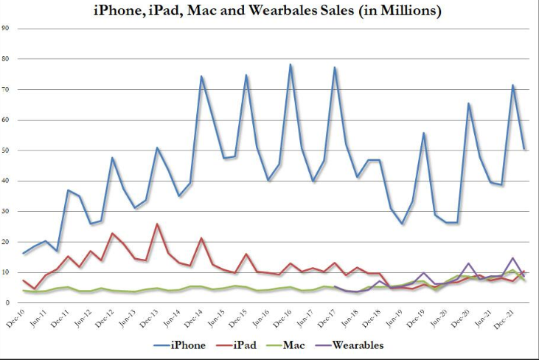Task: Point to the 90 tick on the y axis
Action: (7, 28)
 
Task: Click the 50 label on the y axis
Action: (7, 150)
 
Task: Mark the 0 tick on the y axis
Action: (5, 303)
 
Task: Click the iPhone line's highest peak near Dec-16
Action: (291, 64)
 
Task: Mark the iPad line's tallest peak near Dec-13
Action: (156, 224)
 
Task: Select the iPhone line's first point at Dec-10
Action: (24, 253)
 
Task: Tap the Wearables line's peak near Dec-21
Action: (512, 258)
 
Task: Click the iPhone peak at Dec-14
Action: (201, 76)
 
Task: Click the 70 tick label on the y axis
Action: (7, 89)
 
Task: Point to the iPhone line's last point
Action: (524, 149)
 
